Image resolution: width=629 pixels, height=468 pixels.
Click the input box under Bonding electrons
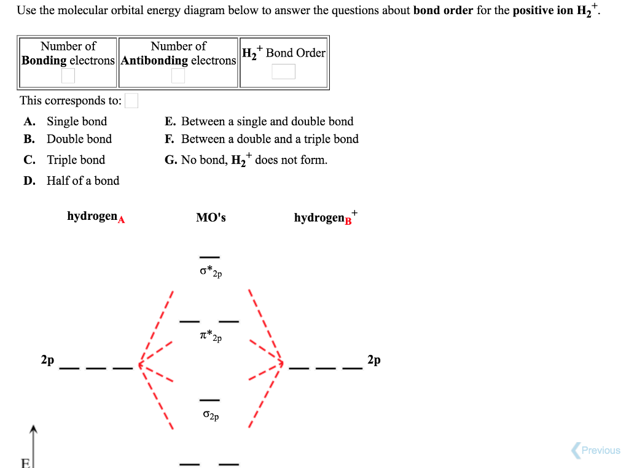click(x=68, y=76)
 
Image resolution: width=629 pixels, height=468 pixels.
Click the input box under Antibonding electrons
click(x=178, y=76)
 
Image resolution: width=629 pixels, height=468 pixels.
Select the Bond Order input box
click(x=283, y=72)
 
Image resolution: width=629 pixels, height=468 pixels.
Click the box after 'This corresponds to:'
click(x=131, y=101)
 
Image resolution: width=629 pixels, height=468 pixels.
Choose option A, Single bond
click(x=76, y=122)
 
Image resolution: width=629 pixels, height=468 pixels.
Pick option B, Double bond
click(x=79, y=139)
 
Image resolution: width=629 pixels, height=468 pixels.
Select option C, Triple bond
click(x=76, y=160)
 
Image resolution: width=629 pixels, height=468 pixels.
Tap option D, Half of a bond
click(x=82, y=181)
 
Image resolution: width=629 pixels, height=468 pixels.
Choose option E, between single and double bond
click(x=267, y=122)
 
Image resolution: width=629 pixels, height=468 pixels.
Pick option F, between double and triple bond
click(x=269, y=139)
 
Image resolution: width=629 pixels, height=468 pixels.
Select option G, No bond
click(x=254, y=160)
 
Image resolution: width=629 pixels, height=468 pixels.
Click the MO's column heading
click(x=211, y=217)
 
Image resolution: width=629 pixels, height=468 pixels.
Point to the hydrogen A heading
click(x=96, y=217)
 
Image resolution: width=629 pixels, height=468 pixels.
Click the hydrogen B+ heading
click(x=324, y=218)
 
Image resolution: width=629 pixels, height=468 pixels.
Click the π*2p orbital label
click(x=210, y=336)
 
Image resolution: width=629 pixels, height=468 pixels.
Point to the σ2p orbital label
click(x=210, y=416)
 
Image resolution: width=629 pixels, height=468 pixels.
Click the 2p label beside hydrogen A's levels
click(x=47, y=360)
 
